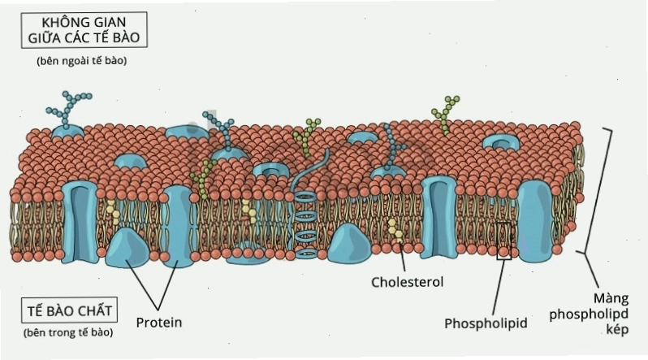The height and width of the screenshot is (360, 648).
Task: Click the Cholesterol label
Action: click(407, 282)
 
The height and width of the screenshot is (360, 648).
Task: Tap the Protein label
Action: click(159, 323)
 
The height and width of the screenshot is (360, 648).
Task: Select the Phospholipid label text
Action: click(486, 323)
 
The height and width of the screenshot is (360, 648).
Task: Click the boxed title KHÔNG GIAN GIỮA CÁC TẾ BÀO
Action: click(84, 30)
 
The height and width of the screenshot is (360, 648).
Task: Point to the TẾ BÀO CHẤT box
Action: click(70, 310)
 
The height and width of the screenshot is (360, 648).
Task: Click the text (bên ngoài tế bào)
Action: click(82, 61)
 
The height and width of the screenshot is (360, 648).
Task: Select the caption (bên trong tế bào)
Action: click(68, 332)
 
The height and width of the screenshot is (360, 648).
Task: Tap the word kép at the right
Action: click(617, 330)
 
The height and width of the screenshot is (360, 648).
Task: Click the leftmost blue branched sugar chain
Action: click(68, 108)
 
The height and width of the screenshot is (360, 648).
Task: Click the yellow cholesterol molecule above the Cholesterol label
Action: click(395, 231)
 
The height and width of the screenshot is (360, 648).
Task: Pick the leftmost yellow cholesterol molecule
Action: click(113, 212)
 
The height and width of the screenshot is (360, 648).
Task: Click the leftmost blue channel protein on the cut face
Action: click(80, 222)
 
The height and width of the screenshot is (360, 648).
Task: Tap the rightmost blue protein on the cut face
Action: click(536, 221)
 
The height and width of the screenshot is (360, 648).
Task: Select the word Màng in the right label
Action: click(611, 298)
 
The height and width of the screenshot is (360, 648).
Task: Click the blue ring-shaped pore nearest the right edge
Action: click(501, 143)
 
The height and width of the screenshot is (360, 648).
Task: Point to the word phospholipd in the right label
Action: click(589, 314)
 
